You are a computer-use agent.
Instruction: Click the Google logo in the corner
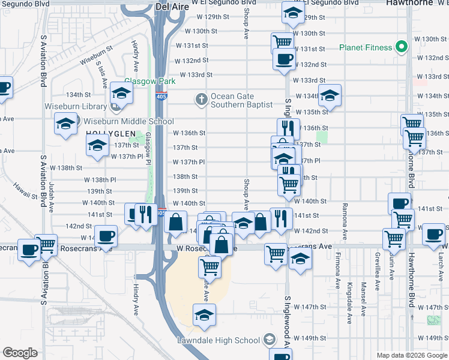pyautogui.click(x=20, y=353)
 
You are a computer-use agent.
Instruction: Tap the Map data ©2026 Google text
pyautogui.click(x=412, y=355)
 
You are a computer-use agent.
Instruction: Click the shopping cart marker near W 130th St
pyautogui.click(x=282, y=43)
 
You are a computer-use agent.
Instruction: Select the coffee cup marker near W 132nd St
pyautogui.click(x=283, y=59)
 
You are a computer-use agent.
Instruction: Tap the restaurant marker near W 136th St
pyautogui.click(x=288, y=128)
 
